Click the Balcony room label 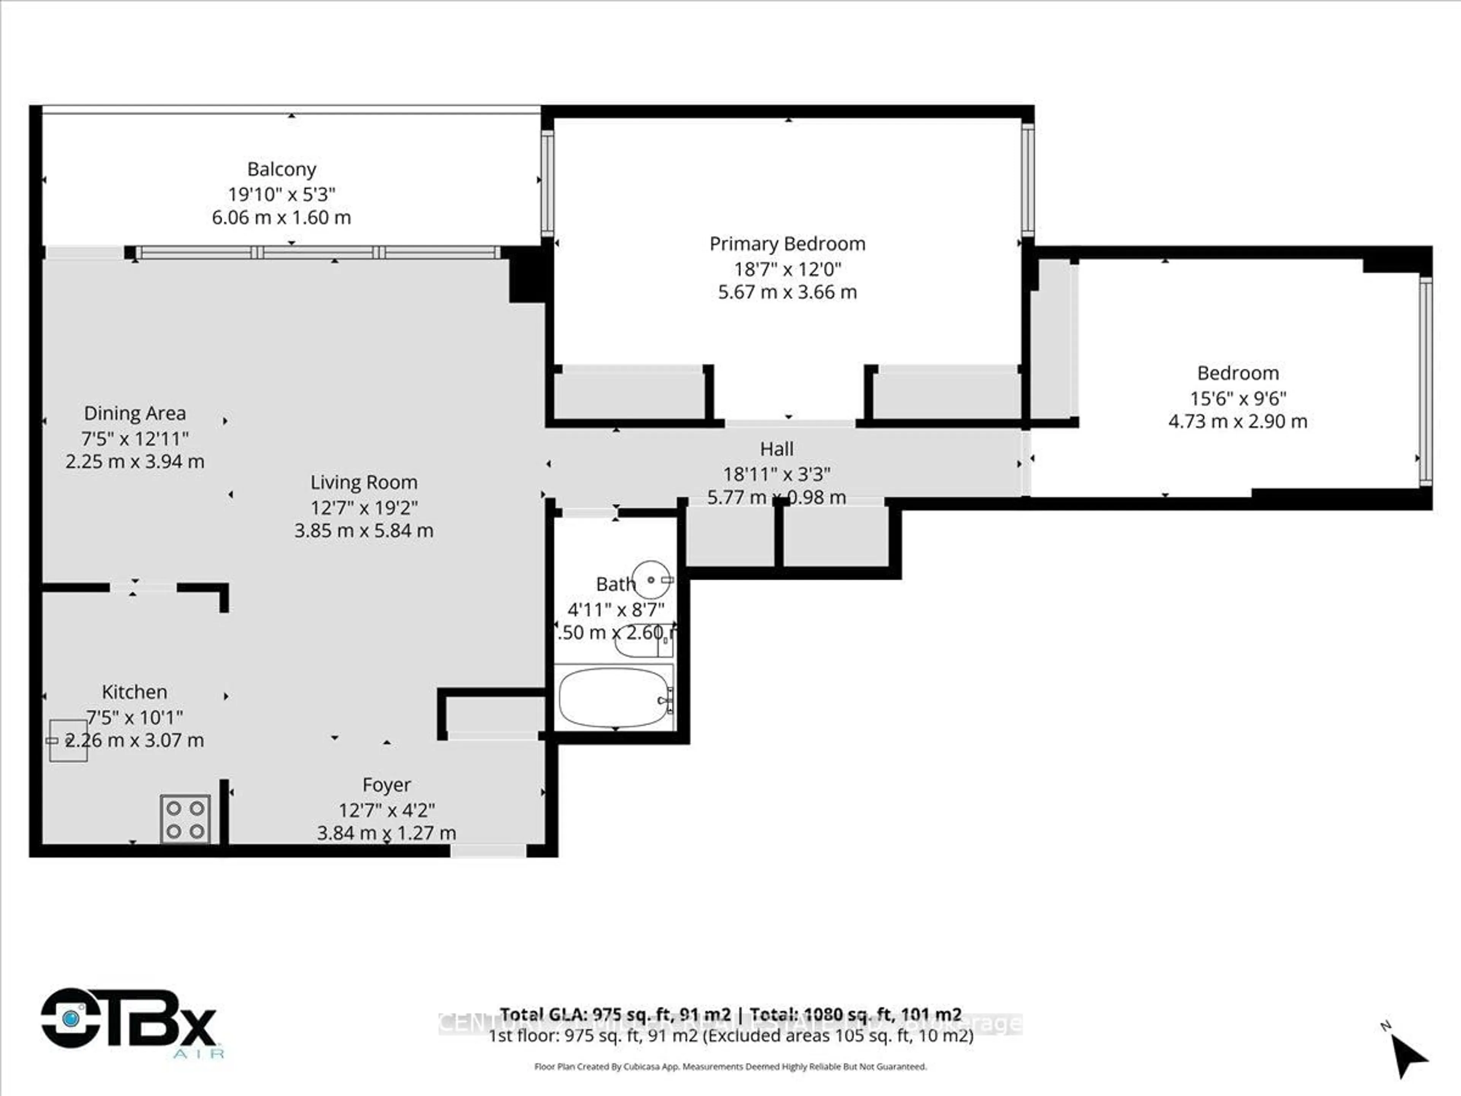pyautogui.click(x=282, y=169)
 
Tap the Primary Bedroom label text pyautogui.click(x=787, y=244)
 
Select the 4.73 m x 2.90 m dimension pyautogui.click(x=1237, y=422)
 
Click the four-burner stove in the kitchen pyautogui.click(x=185, y=819)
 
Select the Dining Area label pyautogui.click(x=135, y=414)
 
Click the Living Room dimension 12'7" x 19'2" pyautogui.click(x=364, y=507)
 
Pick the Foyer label pyautogui.click(x=387, y=785)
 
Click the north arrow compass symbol pyautogui.click(x=1407, y=1055)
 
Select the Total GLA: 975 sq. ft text pyautogui.click(x=614, y=1014)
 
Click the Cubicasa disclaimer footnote pyautogui.click(x=730, y=1066)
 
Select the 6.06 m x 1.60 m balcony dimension pyautogui.click(x=282, y=217)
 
